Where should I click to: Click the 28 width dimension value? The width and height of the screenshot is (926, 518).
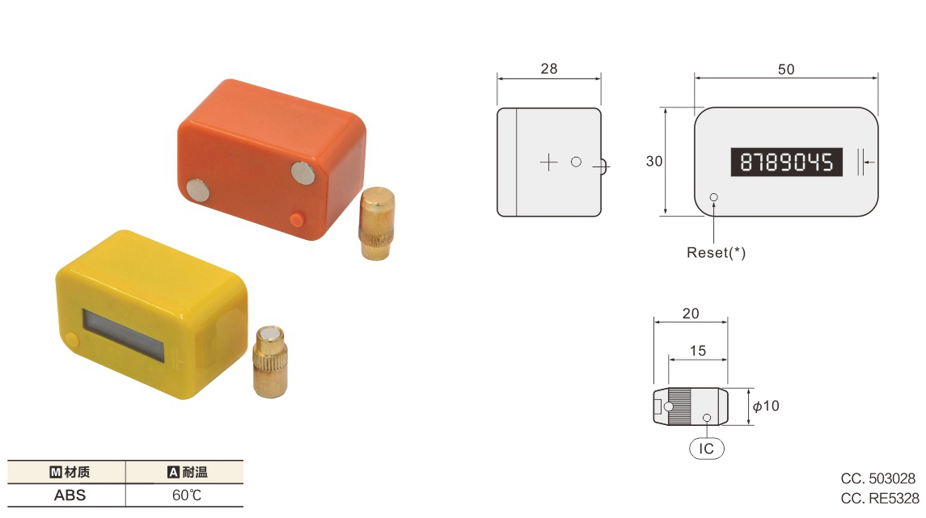[548, 69]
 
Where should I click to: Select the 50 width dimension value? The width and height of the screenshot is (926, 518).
[785, 69]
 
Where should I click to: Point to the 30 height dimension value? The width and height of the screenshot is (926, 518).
[654, 162]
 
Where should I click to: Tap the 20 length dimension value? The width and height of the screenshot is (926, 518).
[690, 314]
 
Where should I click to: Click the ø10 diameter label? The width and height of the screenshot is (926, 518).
[766, 406]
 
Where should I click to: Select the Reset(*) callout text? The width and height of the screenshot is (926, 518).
[716, 253]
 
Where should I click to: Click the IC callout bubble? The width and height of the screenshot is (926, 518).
[707, 448]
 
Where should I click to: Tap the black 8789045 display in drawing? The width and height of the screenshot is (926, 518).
[787, 162]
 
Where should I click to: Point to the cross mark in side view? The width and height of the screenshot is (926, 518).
[548, 162]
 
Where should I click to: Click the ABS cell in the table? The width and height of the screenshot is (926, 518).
[70, 495]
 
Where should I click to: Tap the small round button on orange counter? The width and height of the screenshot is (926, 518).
[297, 219]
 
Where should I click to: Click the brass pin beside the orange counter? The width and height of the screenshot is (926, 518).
[375, 224]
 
